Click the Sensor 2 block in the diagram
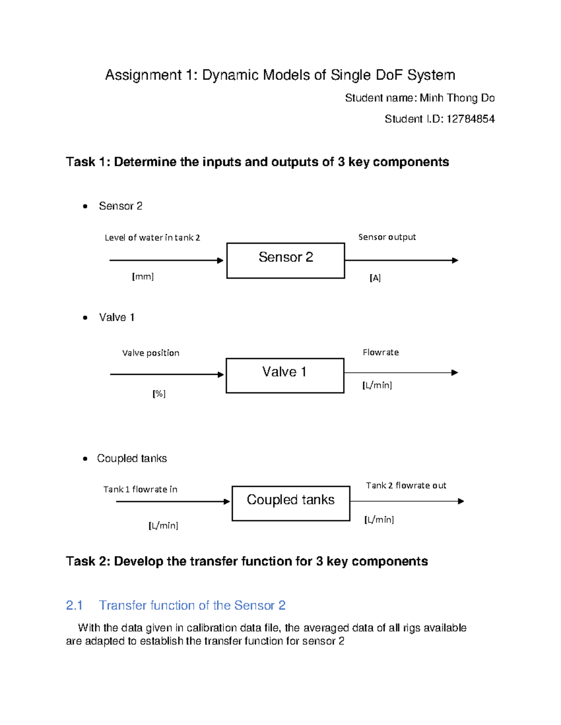286,260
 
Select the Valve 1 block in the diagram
285,375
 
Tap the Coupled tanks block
291,503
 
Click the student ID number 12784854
470,119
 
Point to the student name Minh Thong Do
457,98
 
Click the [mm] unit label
143,276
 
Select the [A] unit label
375,278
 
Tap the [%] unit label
159,394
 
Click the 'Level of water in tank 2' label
152,238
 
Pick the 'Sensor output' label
387,237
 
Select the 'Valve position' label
151,353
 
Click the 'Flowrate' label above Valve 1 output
381,352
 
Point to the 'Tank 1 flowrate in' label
140,489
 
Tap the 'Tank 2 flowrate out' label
406,486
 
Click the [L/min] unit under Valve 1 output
377,385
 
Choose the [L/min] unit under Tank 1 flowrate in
163,526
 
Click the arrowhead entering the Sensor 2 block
221,260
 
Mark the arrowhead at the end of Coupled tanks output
461,501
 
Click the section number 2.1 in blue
74,605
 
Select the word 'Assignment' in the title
143,75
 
